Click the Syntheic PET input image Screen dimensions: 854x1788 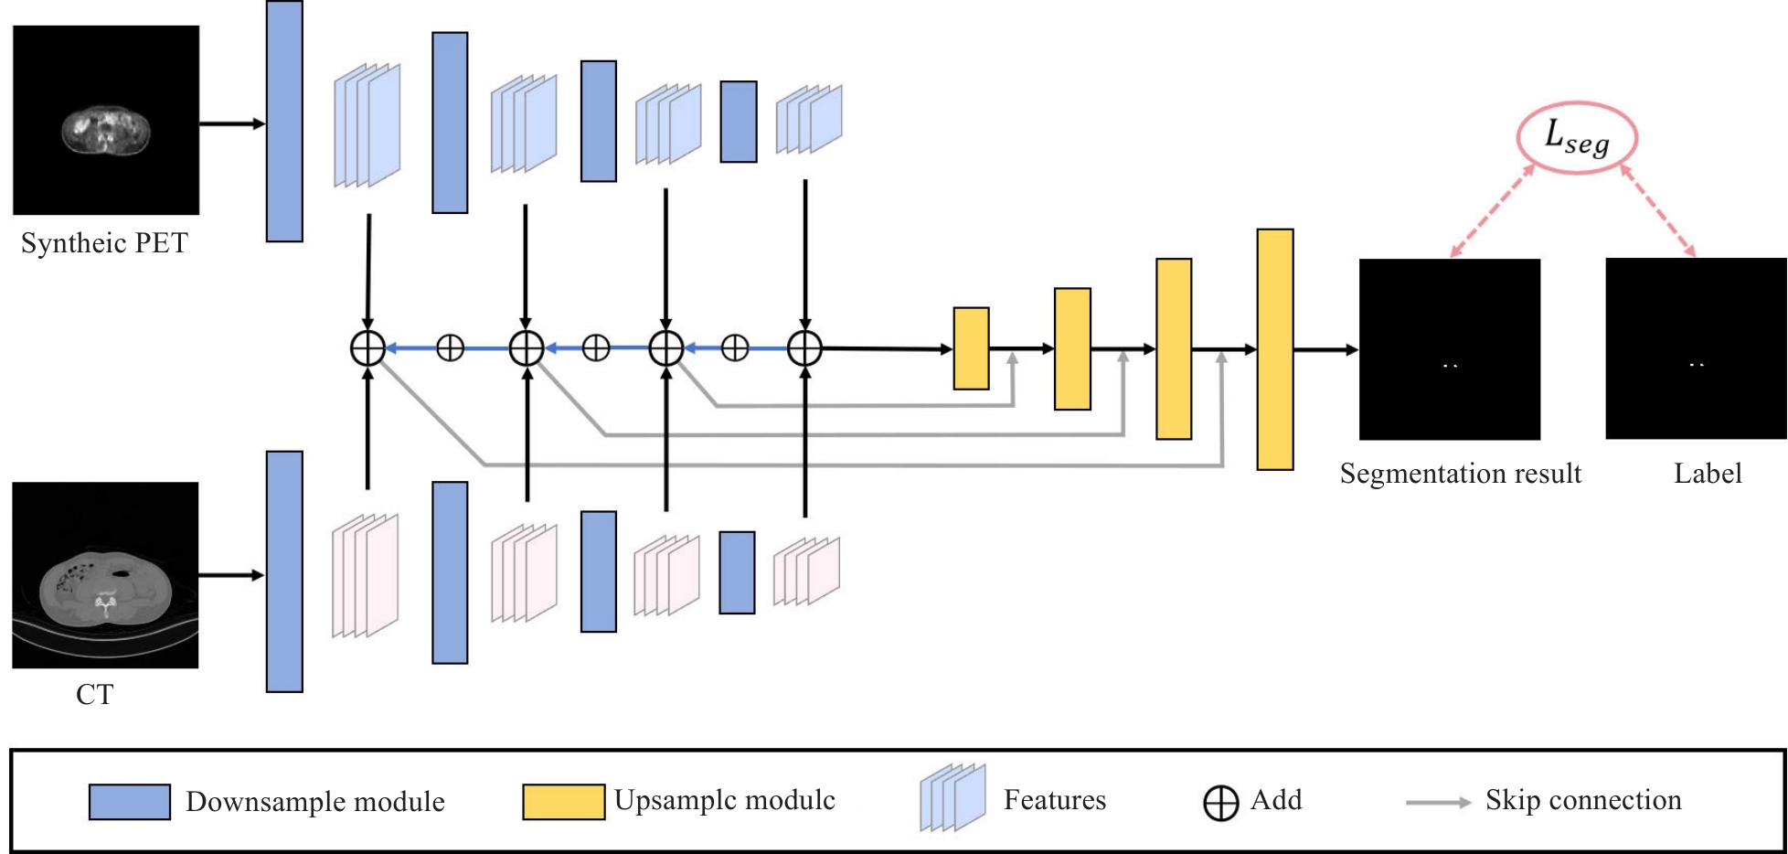click(106, 120)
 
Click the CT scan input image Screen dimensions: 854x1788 click(105, 575)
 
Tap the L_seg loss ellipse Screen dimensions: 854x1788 click(1576, 138)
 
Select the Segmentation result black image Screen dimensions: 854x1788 click(1449, 349)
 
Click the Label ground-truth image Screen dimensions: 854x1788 click(1696, 348)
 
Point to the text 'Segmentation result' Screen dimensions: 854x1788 click(1460, 474)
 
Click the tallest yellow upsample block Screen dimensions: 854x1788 click(1274, 349)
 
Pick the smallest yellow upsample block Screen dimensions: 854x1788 click(971, 348)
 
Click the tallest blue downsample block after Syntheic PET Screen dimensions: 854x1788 click(284, 121)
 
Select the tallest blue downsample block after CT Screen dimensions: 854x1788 click(284, 571)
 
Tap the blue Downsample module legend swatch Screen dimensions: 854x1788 click(129, 802)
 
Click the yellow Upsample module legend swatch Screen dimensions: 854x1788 click(563, 802)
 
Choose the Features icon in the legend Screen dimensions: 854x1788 click(953, 798)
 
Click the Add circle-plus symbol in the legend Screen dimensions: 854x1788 click(1220, 803)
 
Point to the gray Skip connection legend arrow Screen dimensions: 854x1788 click(1438, 803)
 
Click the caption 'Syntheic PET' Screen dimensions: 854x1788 click(104, 243)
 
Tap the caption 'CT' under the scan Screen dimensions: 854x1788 click(94, 695)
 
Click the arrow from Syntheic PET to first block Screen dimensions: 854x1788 click(232, 123)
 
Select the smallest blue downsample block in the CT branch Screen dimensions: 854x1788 click(737, 572)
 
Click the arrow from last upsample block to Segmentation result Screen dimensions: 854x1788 click(1325, 349)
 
